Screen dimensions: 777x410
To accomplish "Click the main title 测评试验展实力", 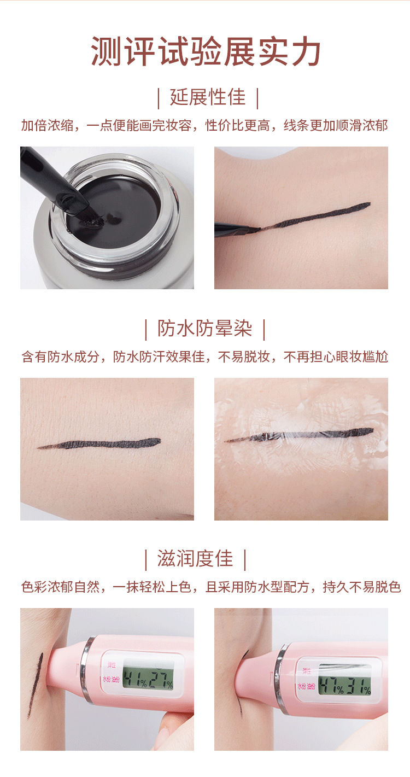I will tap(206, 52).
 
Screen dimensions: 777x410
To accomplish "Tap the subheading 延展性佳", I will tap(207, 98).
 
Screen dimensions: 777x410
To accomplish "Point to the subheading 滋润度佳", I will tap(195, 559).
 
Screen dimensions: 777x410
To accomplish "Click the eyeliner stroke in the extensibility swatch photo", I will tap(317, 215).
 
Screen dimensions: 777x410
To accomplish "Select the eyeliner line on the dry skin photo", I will tap(109, 443).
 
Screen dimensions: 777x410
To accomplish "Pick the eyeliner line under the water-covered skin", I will tap(306, 435).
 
